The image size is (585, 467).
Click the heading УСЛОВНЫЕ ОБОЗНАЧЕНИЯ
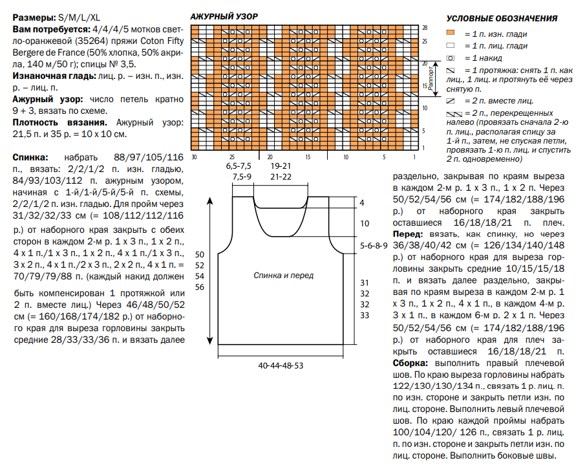point(502,19)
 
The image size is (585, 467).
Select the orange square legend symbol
point(451,33)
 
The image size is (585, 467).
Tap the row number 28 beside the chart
point(425,28)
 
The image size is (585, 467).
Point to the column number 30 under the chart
point(194,157)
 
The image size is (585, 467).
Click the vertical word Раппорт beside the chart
point(427,80)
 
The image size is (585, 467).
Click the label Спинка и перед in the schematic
point(284,276)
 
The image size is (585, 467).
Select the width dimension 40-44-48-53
point(281,366)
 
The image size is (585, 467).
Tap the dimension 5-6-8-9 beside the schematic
point(374,246)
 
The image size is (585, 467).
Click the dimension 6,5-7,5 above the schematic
point(239,166)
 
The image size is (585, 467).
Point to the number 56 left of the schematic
point(199,287)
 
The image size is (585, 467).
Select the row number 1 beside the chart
point(425,148)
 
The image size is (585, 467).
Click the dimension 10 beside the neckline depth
point(364,223)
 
